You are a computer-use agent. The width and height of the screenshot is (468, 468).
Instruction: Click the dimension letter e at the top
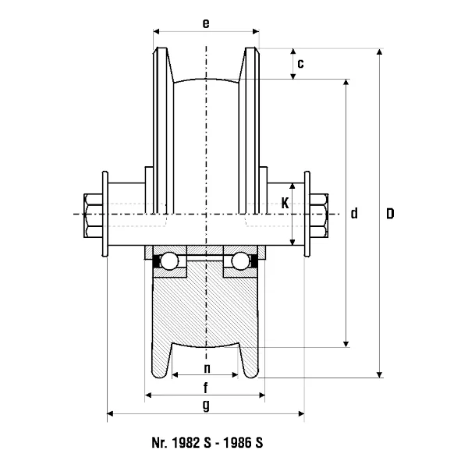pos(206,23)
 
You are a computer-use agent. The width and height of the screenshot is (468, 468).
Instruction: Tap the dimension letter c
pos(301,64)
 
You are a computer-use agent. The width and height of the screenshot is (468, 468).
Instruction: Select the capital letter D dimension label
pos(390,214)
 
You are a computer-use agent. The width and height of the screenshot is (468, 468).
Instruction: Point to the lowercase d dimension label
pos(354,214)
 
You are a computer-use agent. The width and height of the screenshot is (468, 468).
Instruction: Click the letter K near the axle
pos(285,204)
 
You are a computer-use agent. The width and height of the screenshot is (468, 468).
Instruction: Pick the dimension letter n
pos(207,369)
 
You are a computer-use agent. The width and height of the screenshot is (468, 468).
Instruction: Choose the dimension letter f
pos(206,388)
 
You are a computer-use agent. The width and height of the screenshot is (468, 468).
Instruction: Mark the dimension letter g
pos(206,406)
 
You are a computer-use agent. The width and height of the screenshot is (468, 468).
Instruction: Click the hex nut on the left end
pos(93,215)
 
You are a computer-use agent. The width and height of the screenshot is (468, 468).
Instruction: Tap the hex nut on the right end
pos(319,215)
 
